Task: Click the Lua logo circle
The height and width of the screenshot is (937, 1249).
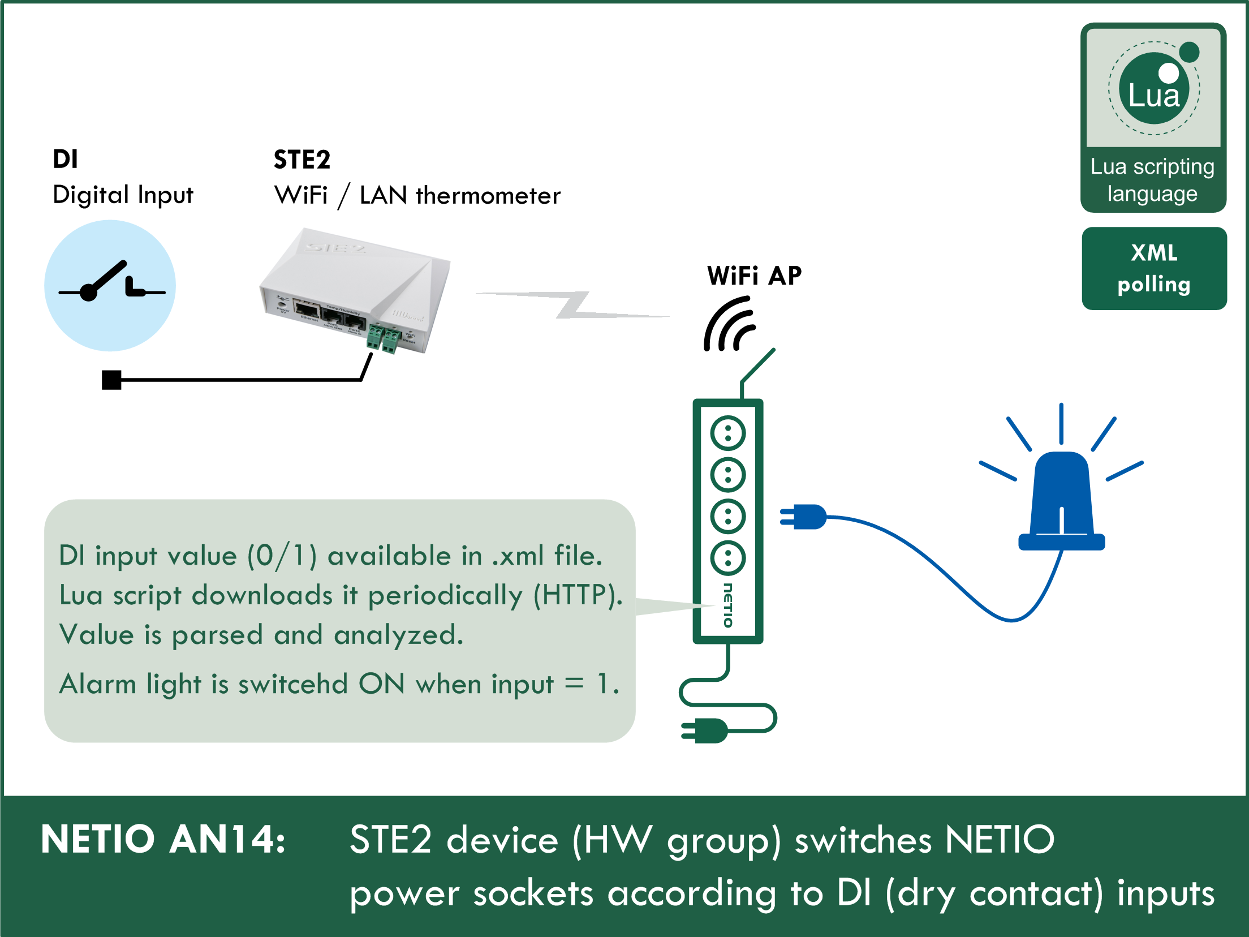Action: point(1154,89)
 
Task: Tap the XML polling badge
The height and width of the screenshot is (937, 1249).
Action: point(1154,268)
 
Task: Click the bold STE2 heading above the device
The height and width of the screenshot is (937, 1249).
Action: point(302,160)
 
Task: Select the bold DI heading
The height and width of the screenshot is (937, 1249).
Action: point(65,159)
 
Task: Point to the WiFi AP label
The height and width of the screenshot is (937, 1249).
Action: point(754,276)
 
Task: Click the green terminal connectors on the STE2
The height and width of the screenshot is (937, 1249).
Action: point(383,338)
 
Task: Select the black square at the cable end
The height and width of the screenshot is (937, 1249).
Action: point(111,380)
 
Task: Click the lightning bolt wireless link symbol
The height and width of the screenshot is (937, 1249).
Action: point(572,305)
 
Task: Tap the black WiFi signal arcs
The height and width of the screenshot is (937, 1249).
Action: point(729,325)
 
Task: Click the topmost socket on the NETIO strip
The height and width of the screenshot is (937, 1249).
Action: point(728,433)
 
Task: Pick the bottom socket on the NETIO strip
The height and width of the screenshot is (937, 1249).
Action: point(728,558)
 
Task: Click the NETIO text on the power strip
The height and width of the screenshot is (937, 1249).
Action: point(728,605)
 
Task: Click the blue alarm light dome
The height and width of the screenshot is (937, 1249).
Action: point(1062,498)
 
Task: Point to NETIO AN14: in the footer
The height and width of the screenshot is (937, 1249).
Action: point(163,839)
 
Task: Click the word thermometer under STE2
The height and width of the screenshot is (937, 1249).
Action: point(488,196)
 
